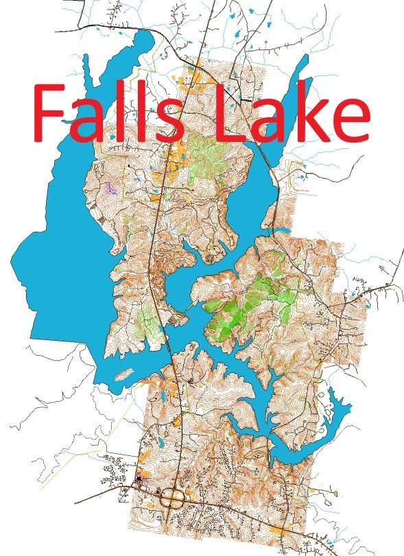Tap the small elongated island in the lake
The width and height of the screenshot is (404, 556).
(123, 374)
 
